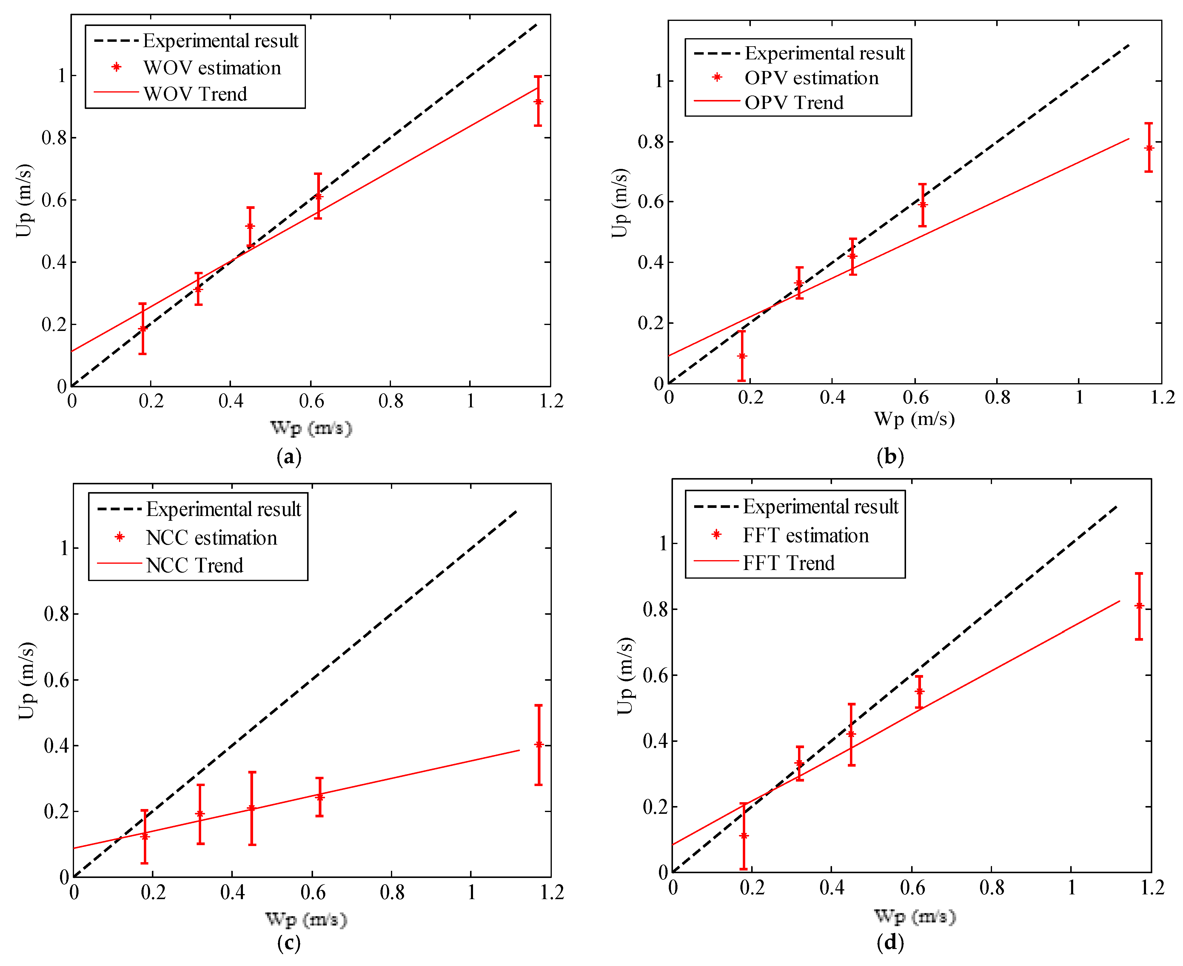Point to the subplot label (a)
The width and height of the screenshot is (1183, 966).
point(289,457)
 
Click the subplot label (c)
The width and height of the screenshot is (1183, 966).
point(289,943)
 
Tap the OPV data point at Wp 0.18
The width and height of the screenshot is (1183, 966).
point(742,356)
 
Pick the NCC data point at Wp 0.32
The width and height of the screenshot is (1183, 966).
point(200,814)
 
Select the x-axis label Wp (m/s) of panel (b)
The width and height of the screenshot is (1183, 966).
point(914,418)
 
